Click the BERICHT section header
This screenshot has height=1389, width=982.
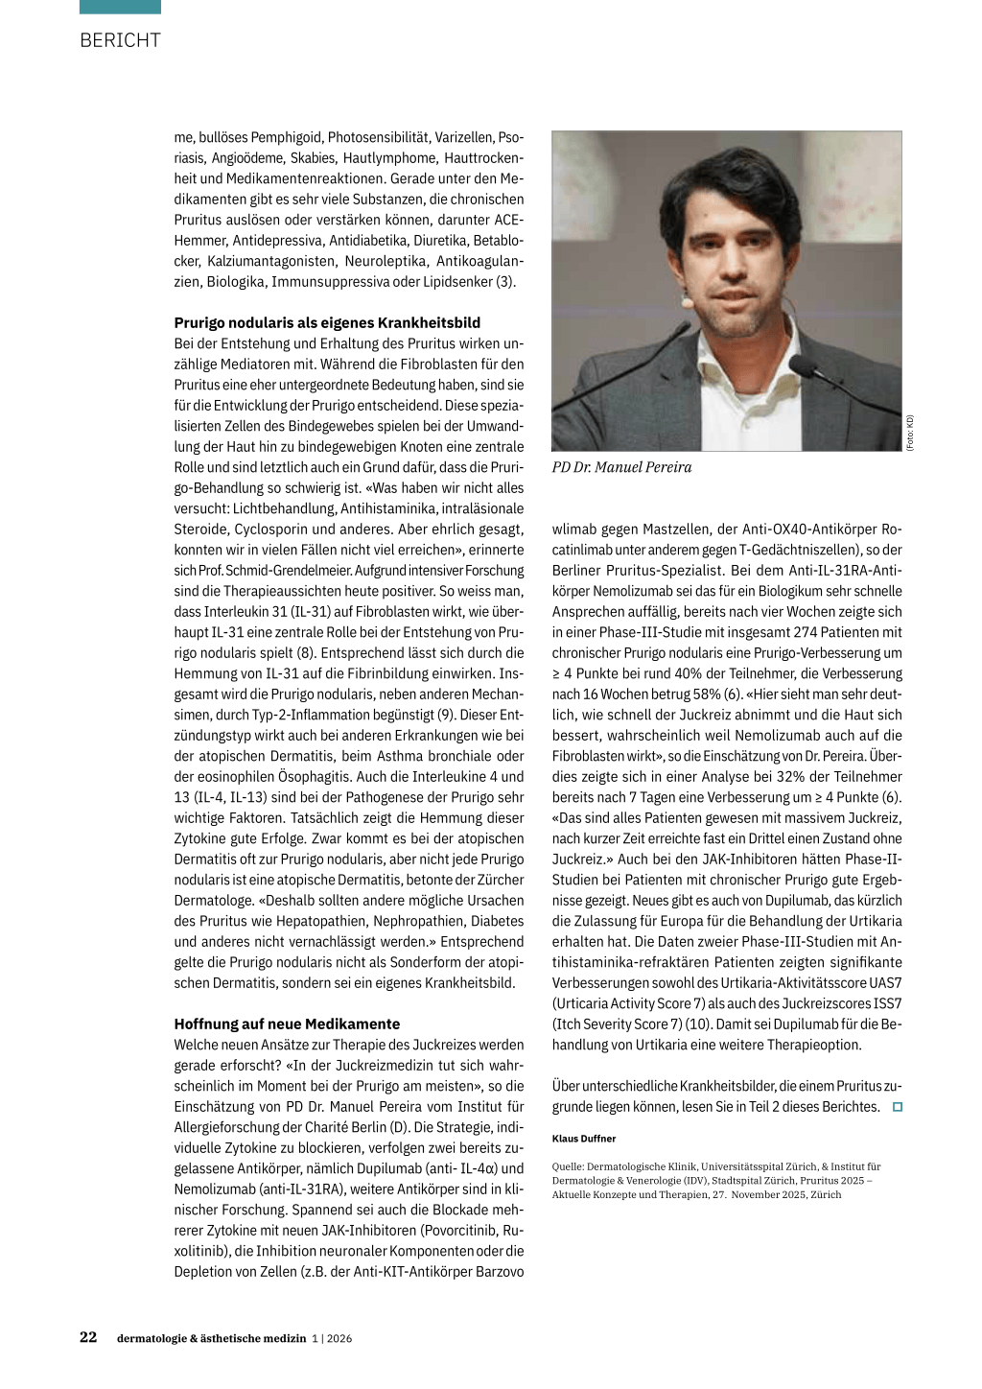click(120, 40)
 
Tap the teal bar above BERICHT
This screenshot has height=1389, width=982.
click(120, 7)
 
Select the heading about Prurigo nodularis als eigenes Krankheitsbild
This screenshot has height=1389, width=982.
click(327, 322)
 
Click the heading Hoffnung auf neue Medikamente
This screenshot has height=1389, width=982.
click(287, 1024)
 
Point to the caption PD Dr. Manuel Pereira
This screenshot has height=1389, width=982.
click(621, 467)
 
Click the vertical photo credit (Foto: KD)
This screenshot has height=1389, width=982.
click(910, 433)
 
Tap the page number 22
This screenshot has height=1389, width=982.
click(88, 1337)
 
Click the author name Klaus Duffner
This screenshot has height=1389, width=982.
click(584, 1139)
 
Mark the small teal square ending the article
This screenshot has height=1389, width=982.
click(898, 1107)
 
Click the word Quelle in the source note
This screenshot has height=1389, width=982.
click(567, 1166)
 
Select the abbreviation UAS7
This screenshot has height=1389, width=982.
click(885, 982)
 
